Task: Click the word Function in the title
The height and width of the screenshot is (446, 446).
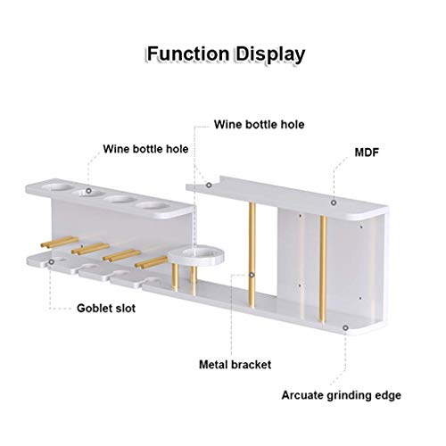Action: (x=188, y=54)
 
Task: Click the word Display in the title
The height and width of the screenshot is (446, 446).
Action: (x=270, y=55)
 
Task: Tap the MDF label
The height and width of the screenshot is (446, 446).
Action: (x=367, y=153)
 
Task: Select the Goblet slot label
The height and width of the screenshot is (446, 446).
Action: (x=106, y=308)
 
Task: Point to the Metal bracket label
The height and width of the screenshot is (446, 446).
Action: (x=235, y=365)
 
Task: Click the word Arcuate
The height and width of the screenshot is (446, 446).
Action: (x=302, y=395)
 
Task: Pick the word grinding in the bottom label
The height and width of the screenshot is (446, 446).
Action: (x=349, y=396)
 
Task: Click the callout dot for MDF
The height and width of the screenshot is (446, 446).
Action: (x=334, y=202)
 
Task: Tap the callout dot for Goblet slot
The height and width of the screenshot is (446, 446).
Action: (x=52, y=262)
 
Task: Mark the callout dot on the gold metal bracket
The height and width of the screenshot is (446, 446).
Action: (x=252, y=275)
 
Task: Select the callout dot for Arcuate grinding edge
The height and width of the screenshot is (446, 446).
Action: (x=345, y=327)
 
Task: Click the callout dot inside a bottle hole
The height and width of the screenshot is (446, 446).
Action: (x=88, y=191)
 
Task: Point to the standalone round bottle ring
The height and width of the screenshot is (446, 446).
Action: (x=196, y=256)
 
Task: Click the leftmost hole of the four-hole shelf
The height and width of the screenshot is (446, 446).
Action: (x=57, y=187)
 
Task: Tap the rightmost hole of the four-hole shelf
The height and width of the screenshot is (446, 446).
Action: (x=153, y=205)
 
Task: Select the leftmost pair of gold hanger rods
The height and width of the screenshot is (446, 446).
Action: (x=60, y=242)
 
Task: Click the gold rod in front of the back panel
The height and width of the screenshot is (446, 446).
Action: (x=323, y=269)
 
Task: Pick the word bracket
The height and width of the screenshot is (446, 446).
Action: (x=252, y=365)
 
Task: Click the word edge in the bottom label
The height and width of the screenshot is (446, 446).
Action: (x=388, y=396)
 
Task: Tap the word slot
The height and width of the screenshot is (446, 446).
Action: (x=126, y=308)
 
